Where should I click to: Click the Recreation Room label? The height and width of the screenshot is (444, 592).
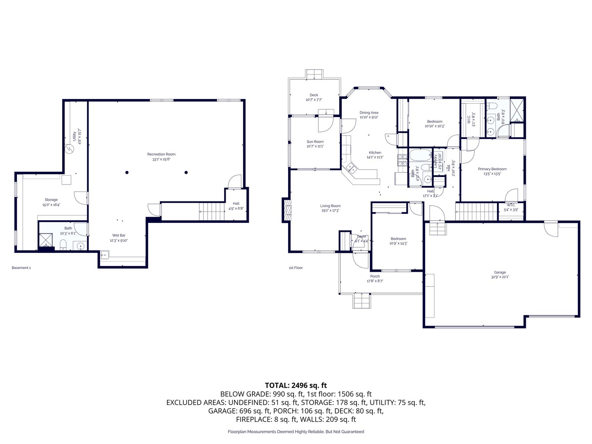pos(161,154)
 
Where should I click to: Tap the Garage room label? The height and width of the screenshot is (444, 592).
pos(500,272)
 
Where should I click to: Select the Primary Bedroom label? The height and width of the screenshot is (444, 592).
pos(492,169)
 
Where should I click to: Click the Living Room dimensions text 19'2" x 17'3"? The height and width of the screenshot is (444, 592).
pos(330,210)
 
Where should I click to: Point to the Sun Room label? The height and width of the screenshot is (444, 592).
pos(315,141)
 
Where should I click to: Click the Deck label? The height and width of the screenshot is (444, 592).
pos(314,95)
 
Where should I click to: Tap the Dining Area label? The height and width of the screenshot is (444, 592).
pos(369,113)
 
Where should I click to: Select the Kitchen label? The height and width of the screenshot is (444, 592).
pos(375,153)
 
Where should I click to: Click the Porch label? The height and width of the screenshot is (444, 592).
pos(375,276)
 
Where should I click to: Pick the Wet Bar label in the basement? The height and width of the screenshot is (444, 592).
pos(119,236)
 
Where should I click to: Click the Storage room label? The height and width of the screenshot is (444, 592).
pos(51,200)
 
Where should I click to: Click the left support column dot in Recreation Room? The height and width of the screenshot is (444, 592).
pos(127,172)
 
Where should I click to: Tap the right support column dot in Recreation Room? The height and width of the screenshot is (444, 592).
pos(186,172)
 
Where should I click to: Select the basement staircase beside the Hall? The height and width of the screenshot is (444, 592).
pos(212,211)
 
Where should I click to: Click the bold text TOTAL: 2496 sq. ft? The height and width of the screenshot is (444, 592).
pos(296,385)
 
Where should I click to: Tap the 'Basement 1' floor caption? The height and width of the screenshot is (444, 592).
pos(21,268)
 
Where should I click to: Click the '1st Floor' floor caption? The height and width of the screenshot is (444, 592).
pos(296,268)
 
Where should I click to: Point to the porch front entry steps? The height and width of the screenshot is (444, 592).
pos(362,301)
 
